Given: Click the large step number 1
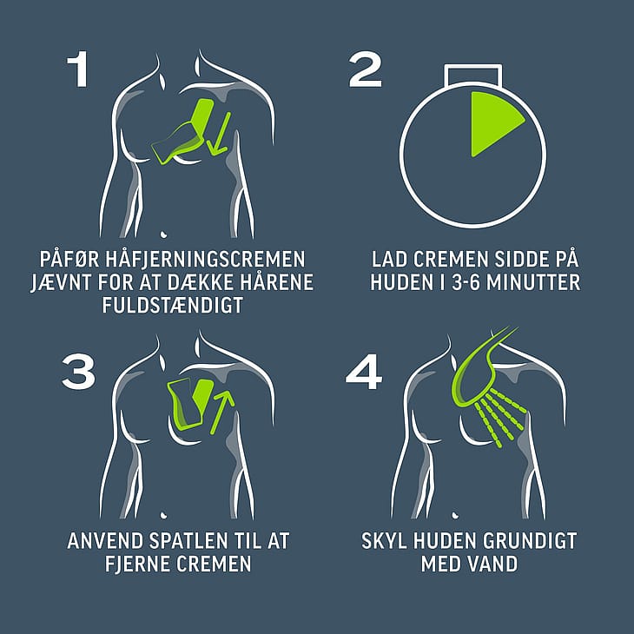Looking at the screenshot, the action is click(78, 69).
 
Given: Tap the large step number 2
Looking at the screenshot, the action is click(365, 69).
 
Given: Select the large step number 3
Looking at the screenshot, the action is click(78, 372).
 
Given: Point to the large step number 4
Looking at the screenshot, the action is click(364, 372).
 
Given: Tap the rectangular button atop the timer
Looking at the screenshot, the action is click(472, 75).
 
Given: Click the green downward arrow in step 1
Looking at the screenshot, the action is click(219, 134).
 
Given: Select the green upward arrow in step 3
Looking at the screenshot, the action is click(222, 413).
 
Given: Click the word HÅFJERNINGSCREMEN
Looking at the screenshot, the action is click(206, 259).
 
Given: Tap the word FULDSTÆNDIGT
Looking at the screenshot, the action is click(173, 305).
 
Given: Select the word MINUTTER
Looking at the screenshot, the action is click(533, 282).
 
